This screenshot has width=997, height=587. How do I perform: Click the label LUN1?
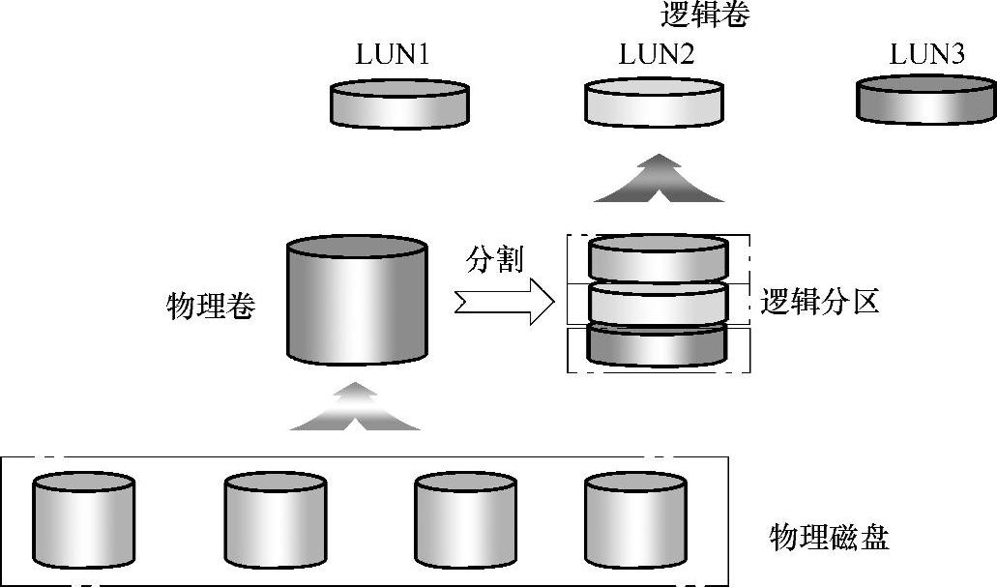tap(392, 56)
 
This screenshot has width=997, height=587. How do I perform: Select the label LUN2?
tap(656, 56)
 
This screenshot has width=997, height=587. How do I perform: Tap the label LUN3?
tap(926, 55)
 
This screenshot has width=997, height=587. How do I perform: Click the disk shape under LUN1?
tap(400, 104)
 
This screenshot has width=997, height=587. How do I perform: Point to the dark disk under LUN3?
tap(926, 101)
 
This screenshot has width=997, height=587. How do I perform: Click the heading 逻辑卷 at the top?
tap(705, 15)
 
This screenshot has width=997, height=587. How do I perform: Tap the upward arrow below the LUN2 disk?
tap(659, 179)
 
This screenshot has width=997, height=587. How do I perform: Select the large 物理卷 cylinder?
tap(358, 299)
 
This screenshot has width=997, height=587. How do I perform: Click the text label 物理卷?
tap(211, 308)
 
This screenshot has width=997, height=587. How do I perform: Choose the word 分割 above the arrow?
tap(494, 260)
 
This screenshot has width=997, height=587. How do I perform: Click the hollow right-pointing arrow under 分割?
tap(503, 304)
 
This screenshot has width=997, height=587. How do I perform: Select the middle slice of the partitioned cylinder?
tap(658, 304)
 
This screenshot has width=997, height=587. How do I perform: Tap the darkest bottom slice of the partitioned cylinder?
tap(658, 346)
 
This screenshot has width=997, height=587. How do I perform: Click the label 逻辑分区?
tap(819, 303)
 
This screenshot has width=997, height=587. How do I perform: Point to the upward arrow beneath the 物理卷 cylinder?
tap(356, 407)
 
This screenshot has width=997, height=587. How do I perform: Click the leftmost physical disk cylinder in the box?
tap(83, 520)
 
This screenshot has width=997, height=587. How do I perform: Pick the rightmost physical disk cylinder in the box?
tap(636, 520)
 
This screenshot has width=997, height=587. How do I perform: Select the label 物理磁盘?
tap(829, 537)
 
